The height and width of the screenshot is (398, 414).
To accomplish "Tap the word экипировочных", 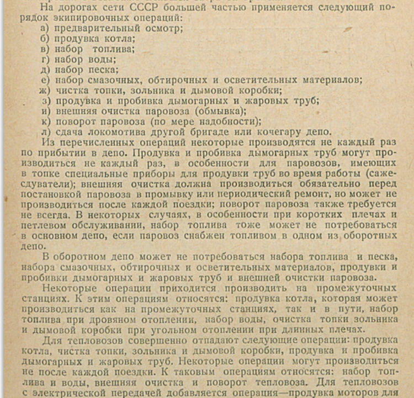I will (x=77, y=18).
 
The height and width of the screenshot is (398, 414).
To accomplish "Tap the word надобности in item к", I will (x=229, y=121).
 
